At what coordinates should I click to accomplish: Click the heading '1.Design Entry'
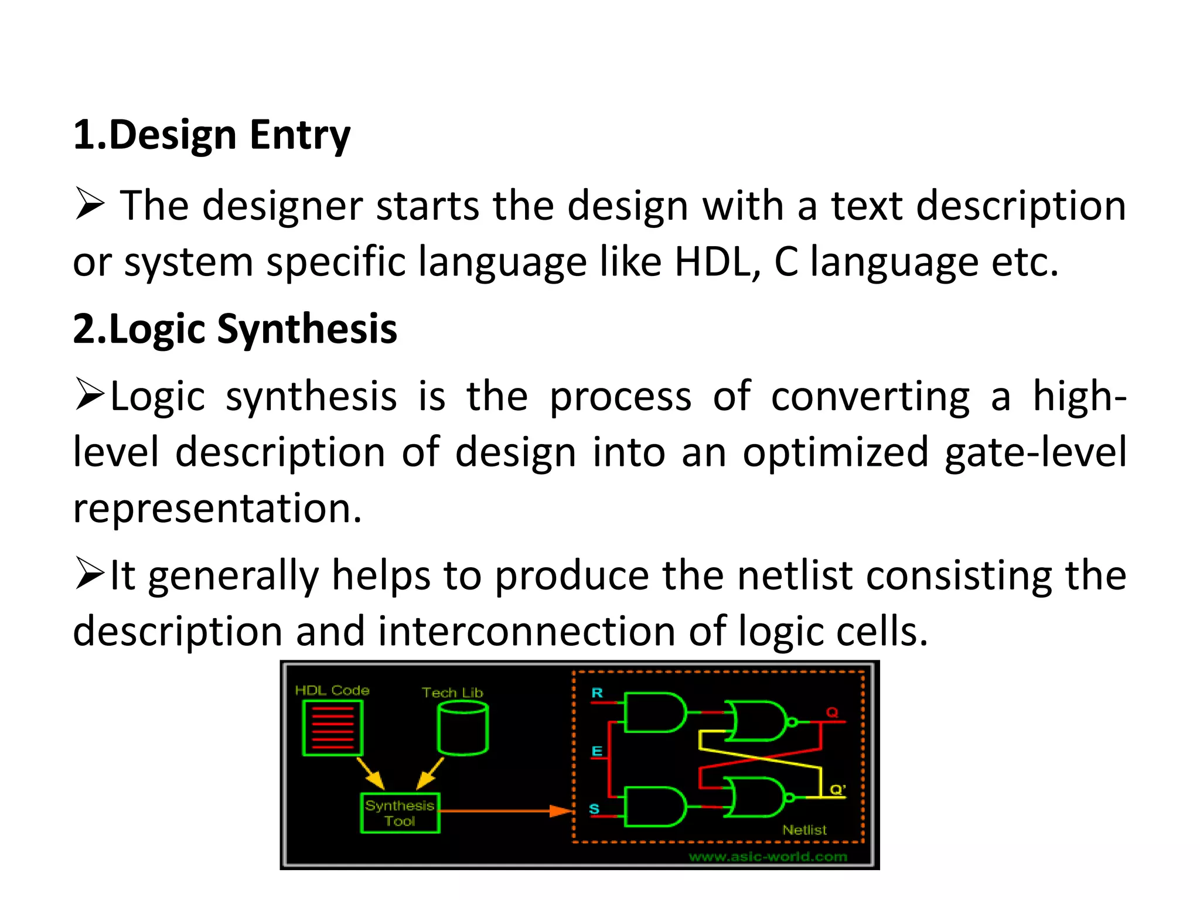(212, 135)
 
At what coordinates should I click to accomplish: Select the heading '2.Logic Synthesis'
(235, 329)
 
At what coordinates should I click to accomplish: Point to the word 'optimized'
(836, 452)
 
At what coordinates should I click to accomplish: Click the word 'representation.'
(217, 507)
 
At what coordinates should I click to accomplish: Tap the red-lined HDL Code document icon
(332, 728)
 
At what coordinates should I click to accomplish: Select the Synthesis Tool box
(400, 813)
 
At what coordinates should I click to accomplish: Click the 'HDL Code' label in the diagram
(332, 690)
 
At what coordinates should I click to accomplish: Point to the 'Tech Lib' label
(452, 693)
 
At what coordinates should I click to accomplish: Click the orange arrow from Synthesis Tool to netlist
(504, 811)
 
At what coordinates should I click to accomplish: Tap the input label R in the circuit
(597, 693)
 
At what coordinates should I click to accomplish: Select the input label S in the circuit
(594, 809)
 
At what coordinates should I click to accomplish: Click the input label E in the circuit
(597, 751)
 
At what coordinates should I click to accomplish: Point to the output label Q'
(838, 789)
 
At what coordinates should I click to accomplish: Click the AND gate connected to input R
(653, 712)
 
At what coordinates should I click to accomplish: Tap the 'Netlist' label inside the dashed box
(804, 830)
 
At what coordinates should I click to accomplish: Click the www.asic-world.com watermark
(768, 857)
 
